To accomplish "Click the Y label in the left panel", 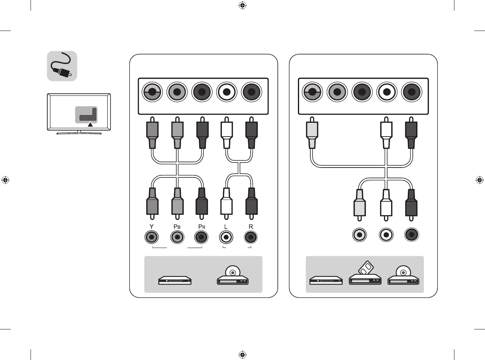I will click(x=151, y=227).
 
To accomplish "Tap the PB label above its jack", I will click(x=177, y=227).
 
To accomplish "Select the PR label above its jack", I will click(x=202, y=227).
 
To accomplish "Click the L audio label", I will click(x=226, y=227).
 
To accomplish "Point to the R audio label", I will click(x=251, y=227).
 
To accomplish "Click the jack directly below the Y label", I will click(x=152, y=237).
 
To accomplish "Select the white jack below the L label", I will click(x=226, y=237).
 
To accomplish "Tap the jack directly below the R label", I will click(x=251, y=237).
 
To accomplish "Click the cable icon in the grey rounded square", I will click(x=62, y=66).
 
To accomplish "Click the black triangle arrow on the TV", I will click(x=90, y=125).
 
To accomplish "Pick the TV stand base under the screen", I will click(x=79, y=133).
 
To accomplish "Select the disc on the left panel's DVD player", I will click(x=233, y=272).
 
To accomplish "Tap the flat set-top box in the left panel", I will click(x=175, y=280).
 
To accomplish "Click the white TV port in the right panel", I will click(x=387, y=92).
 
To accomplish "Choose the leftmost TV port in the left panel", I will click(x=152, y=92).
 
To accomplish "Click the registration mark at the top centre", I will click(x=242, y=5).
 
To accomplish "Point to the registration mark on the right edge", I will click(x=480, y=180).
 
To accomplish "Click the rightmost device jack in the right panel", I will click(x=412, y=235).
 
